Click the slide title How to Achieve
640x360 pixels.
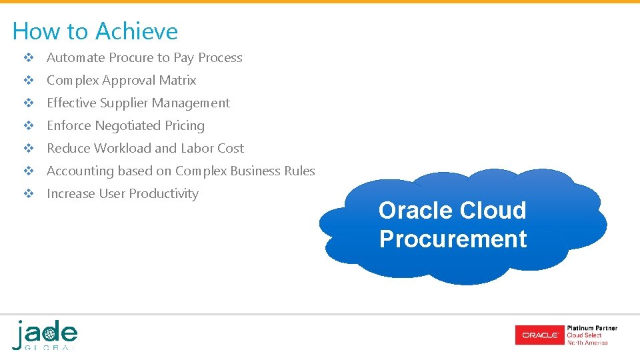click(95, 31)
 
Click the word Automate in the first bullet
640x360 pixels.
click(75, 58)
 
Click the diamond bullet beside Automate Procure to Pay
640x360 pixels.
click(29, 58)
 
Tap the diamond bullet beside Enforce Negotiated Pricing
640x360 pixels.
click(29, 126)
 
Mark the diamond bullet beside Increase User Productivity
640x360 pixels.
click(29, 194)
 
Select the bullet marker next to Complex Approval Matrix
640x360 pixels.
click(29, 81)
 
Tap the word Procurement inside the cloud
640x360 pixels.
click(453, 239)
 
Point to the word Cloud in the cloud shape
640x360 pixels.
click(493, 211)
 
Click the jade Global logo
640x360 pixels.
click(45, 335)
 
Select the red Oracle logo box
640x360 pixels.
click(539, 335)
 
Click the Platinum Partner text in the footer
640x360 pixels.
click(591, 328)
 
